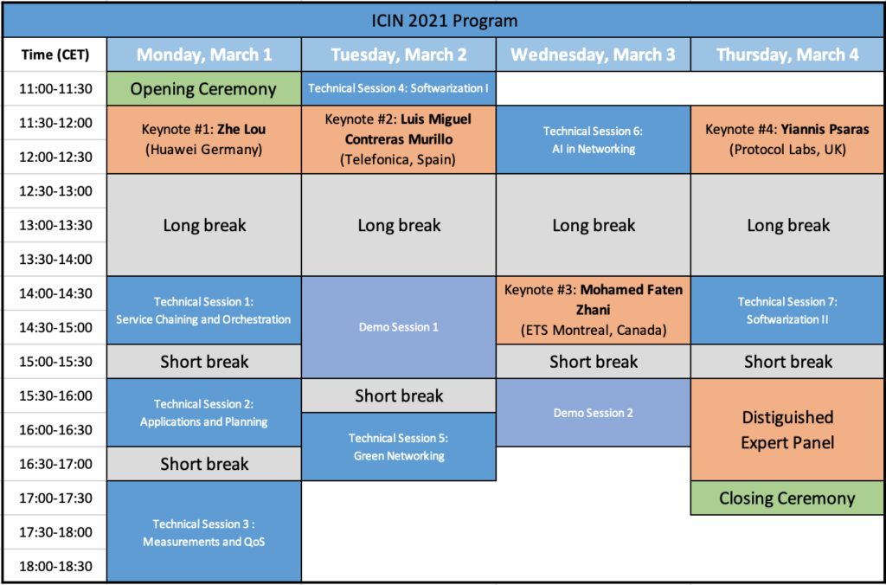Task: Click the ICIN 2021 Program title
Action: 443,19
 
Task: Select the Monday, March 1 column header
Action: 204,55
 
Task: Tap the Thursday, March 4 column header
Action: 787,55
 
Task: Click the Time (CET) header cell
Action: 55,55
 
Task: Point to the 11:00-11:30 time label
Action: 55,88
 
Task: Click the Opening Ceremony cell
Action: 204,88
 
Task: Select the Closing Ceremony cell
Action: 787,498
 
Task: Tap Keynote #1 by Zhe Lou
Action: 204,139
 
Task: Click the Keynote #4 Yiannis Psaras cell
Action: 787,139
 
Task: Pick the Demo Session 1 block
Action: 399,327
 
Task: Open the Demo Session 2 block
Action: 594,413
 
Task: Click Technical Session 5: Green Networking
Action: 399,447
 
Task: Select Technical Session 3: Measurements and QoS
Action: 204,532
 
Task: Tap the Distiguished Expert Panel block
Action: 787,429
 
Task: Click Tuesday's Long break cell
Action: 399,225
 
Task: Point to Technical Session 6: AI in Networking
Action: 594,139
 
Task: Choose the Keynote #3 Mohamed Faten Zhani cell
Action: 594,310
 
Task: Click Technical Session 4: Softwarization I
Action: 399,88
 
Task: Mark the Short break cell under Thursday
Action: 787,362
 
